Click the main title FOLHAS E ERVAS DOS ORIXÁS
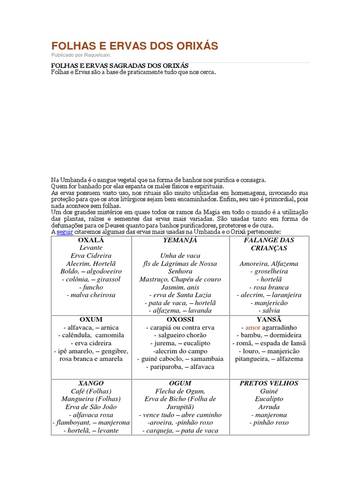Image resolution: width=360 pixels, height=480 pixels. click(x=135, y=45)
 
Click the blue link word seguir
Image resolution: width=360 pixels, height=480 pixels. click(x=65, y=232)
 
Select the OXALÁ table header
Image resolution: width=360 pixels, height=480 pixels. click(x=91, y=240)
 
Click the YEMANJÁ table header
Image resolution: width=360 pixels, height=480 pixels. click(x=180, y=240)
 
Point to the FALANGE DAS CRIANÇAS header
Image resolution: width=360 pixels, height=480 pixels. click(x=269, y=244)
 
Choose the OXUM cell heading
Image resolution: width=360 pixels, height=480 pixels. click(x=91, y=319)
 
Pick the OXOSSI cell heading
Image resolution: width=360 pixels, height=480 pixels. click(x=180, y=319)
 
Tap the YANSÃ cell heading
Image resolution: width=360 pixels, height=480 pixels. click(x=269, y=319)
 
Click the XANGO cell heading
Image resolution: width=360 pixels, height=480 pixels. click(x=91, y=383)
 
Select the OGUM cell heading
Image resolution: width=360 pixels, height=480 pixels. click(x=180, y=383)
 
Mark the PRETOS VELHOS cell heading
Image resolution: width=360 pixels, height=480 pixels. click(x=269, y=383)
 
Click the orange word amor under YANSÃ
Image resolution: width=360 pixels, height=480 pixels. click(x=253, y=327)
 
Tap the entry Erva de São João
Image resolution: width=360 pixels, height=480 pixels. click(x=91, y=407)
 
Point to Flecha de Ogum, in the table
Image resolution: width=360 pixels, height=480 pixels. click(x=180, y=391)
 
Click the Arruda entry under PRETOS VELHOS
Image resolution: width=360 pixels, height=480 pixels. click(x=269, y=407)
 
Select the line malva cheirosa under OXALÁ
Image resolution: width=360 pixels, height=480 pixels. click(x=91, y=295)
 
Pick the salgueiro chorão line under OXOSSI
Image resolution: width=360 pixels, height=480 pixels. click(x=180, y=335)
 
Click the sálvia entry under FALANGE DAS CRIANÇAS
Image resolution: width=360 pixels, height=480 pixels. click(x=269, y=311)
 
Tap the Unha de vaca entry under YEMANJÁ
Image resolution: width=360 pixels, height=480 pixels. click(x=180, y=256)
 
